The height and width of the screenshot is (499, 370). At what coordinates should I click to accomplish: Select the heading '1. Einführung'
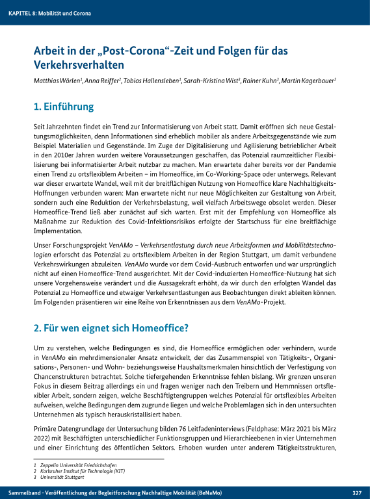tap(64, 107)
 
